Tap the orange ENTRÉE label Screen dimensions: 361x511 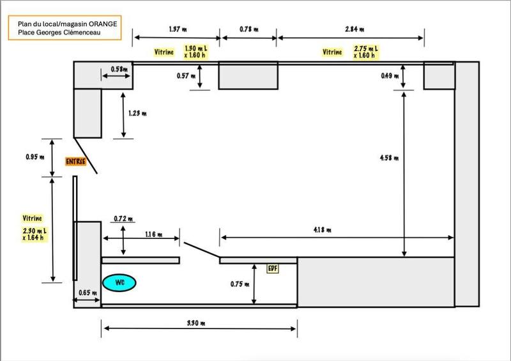point(75,162)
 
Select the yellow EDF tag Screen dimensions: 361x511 point(273,269)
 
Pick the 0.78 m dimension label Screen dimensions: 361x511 point(249,29)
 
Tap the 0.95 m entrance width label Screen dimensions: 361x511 point(30,157)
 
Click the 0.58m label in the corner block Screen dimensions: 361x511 point(118,68)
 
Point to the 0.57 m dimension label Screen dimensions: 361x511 point(187,75)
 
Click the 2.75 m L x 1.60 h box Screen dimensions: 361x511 point(365,52)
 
